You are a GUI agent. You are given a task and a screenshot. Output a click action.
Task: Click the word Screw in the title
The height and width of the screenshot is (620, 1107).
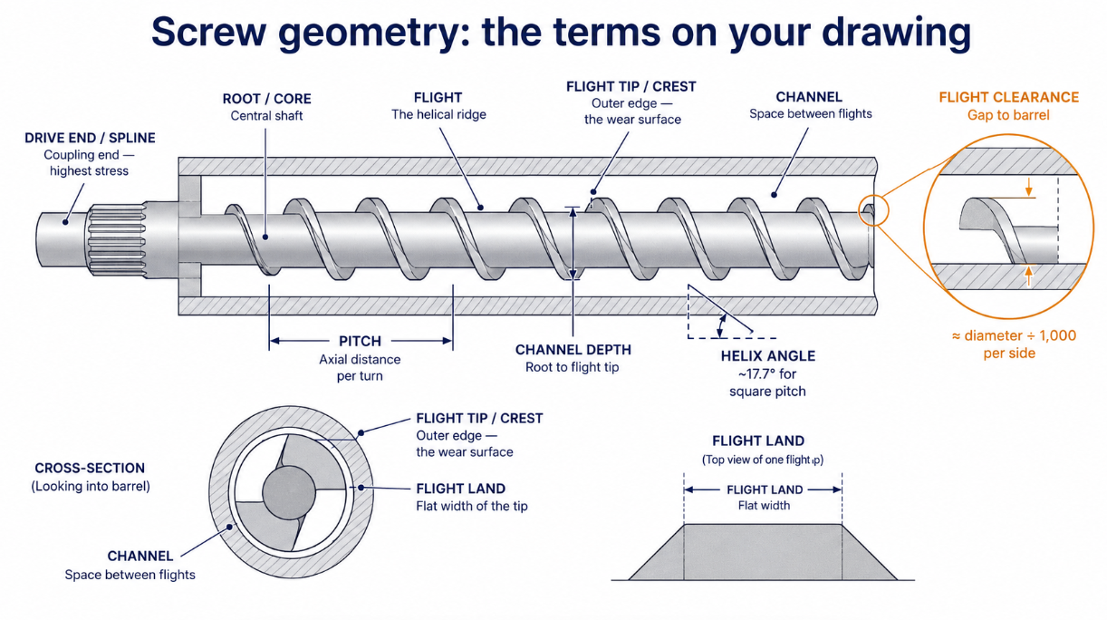(209, 33)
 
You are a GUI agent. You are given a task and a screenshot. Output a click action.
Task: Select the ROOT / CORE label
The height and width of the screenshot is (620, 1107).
(267, 99)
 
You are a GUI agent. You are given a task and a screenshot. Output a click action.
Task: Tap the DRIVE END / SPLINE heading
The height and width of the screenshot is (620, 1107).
(90, 138)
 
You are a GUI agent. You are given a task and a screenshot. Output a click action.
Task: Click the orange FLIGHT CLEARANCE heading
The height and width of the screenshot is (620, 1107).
(1008, 97)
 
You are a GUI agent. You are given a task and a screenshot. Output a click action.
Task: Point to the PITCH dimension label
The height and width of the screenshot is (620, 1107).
(360, 341)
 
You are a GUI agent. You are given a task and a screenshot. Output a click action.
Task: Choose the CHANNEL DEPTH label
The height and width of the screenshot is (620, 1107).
(573, 350)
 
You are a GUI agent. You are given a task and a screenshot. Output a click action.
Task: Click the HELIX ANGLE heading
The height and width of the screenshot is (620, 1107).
(768, 356)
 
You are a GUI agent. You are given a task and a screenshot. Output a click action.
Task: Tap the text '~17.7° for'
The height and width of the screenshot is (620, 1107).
(768, 373)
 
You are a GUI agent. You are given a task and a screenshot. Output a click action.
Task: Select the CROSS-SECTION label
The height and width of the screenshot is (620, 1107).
(90, 469)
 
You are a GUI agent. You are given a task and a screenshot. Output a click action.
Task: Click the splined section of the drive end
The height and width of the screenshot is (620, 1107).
(117, 241)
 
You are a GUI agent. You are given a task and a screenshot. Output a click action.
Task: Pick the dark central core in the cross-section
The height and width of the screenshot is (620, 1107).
(289, 492)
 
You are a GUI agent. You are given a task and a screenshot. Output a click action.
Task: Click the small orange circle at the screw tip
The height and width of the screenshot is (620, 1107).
(874, 210)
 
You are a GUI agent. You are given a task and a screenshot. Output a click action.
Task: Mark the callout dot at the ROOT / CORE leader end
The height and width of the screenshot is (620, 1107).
(265, 237)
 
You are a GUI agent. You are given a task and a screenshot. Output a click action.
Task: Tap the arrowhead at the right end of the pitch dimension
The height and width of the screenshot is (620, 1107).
(448, 341)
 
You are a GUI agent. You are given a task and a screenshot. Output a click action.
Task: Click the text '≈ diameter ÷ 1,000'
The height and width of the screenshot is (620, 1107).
(1014, 335)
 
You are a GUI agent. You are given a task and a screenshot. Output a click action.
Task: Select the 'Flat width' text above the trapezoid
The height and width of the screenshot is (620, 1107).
(764, 506)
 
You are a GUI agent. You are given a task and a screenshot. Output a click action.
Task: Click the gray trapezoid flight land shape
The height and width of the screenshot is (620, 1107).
(763, 552)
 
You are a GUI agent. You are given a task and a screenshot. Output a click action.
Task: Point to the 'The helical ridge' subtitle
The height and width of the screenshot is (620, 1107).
(438, 115)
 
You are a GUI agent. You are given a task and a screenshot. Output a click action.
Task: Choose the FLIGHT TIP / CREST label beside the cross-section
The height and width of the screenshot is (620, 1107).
(479, 419)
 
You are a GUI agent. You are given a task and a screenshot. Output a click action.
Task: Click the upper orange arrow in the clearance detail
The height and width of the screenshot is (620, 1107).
(1029, 188)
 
